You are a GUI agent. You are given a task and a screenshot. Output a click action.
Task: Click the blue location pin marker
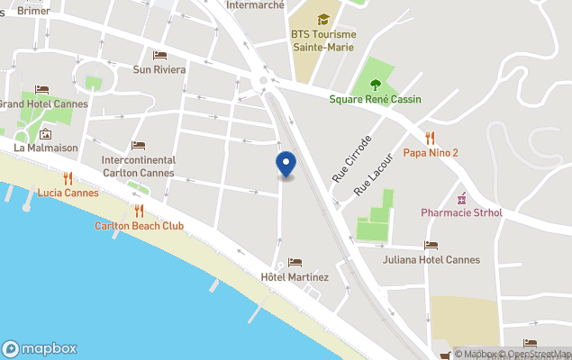point(286,165)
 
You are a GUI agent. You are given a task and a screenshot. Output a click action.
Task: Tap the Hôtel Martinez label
point(295,277)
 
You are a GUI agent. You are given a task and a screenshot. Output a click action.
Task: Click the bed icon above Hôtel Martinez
point(295,263)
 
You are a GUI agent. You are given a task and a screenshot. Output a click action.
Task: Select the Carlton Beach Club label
point(139,226)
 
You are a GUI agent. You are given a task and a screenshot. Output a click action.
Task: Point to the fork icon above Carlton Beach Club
point(139,211)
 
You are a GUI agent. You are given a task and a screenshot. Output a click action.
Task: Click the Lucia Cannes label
point(68,193)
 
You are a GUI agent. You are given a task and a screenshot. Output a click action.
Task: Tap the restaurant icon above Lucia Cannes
point(68,178)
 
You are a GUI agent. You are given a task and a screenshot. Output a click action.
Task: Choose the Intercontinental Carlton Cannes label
point(138,166)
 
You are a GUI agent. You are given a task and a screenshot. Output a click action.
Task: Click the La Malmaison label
point(46,148)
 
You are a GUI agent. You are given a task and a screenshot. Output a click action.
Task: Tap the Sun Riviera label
point(159,69)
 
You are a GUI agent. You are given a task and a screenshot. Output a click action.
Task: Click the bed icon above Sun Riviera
point(159,56)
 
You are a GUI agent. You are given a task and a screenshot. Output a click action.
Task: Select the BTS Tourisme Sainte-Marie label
point(323,40)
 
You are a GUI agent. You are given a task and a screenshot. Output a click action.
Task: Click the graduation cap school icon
point(323,19)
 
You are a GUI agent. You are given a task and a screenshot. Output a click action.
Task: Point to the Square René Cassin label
point(375,99)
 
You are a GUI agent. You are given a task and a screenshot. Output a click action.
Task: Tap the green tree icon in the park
point(375,85)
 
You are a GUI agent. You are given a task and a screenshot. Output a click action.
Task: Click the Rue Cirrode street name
point(351,159)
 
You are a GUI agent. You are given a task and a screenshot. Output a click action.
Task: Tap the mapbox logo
point(40,348)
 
